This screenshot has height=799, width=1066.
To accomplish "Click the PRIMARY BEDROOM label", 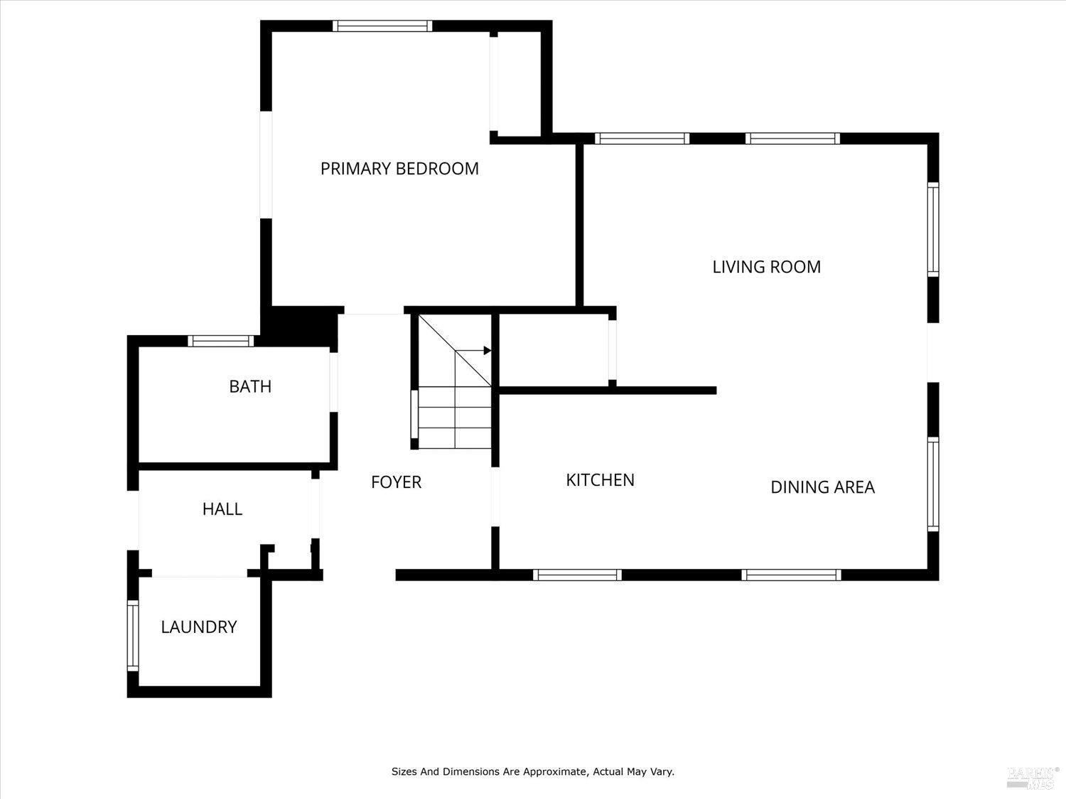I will (399, 169).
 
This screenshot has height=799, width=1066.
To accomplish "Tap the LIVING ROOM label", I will (766, 267).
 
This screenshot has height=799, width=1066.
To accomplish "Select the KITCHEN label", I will (600, 480).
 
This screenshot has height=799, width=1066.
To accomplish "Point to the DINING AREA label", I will (822, 487).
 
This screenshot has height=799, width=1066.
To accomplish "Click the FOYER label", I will (396, 482).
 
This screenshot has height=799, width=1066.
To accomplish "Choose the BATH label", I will (250, 386).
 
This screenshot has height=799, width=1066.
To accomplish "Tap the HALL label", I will (222, 509).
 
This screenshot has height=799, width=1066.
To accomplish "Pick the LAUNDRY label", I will (198, 627).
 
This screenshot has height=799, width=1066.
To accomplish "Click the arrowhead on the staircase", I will (487, 350).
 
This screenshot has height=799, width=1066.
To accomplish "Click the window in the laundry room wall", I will (133, 635).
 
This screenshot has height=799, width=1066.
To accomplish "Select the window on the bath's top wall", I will (221, 341).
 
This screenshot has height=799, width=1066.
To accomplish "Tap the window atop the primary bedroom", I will (382, 26).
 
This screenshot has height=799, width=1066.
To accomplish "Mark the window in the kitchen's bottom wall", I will (577, 575).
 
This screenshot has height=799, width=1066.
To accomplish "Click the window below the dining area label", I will (791, 575).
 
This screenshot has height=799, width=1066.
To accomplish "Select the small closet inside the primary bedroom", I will (519, 84).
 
